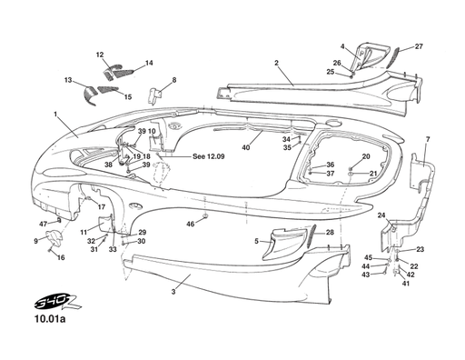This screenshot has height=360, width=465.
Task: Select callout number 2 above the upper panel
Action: click(275, 63)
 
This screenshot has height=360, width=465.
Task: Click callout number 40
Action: click(245, 146)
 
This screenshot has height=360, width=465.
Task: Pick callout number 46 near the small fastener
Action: click(190, 223)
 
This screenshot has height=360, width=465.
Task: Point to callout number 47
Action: click(43, 223)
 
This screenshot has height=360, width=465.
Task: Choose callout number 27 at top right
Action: click(419, 45)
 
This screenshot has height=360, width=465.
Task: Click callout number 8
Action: click(173, 80)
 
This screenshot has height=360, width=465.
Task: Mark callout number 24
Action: click(382, 215)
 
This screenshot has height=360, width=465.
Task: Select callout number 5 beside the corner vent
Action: click(257, 241)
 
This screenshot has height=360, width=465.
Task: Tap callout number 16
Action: click(61, 257)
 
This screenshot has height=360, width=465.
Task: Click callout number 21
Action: click(373, 173)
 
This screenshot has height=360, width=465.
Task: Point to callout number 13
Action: click(68, 81)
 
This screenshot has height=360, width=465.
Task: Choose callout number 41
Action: click(406, 284)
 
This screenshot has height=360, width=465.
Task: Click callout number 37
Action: click(318, 174)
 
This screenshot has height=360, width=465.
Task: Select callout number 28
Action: click(330, 233)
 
